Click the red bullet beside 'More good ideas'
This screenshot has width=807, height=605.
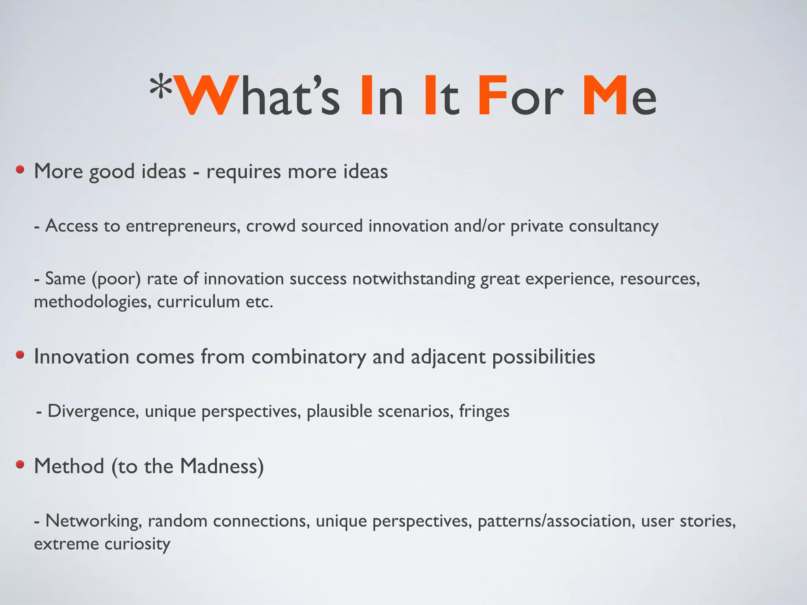20,170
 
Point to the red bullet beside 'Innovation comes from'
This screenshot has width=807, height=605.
20,355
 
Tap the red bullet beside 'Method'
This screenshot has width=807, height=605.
20,465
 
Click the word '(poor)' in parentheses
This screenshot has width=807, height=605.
116,279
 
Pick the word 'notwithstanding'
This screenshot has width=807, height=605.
414,279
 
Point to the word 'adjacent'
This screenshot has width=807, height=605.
448,357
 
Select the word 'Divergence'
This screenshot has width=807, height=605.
93,411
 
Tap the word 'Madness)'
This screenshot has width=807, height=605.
222,466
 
